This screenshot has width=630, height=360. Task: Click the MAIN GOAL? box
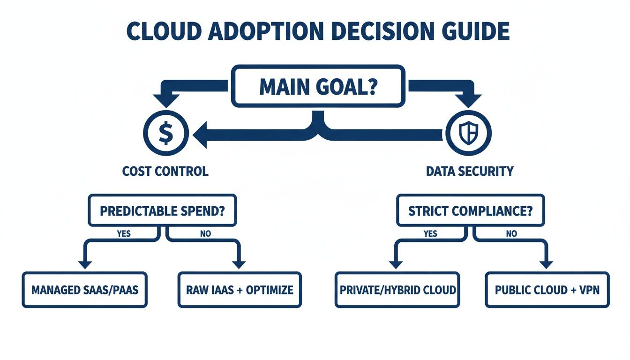point(318,85)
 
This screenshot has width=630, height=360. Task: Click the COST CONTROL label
point(165,171)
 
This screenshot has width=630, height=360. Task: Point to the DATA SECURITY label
point(470,171)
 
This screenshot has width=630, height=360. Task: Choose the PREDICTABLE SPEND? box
point(162,210)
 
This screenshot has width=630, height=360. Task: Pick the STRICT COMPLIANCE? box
point(470,210)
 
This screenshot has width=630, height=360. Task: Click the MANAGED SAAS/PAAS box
point(84,289)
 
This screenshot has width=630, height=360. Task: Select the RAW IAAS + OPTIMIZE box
point(240,289)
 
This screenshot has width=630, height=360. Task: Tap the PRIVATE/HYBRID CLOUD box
point(397,289)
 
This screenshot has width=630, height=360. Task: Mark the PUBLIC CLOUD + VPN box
point(547,289)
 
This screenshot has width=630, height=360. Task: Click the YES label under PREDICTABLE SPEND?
point(124,233)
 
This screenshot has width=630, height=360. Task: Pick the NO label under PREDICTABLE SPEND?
point(205,233)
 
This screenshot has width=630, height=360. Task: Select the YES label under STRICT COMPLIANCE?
point(430,233)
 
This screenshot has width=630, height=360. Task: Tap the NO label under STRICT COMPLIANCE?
point(511,233)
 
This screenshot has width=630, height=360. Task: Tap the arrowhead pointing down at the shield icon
point(468,100)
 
